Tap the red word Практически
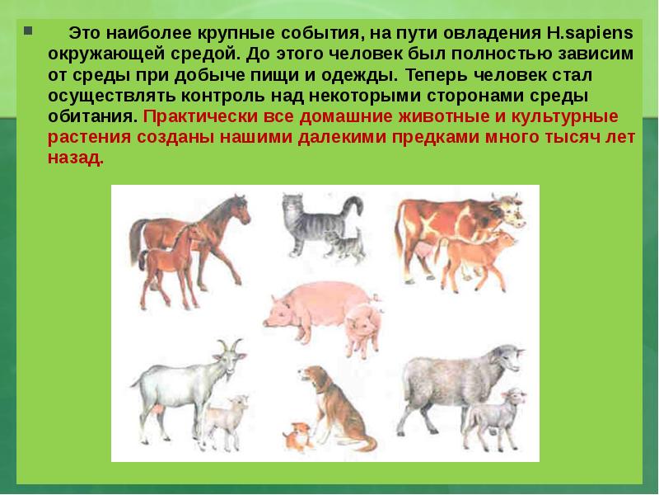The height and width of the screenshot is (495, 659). coord(190,116)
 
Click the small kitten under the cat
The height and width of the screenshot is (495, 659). coord(344,244)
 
